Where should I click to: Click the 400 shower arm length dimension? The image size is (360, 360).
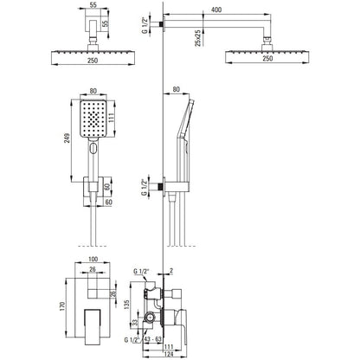[x=216, y=10]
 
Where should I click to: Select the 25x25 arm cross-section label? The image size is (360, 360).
[x=197, y=38]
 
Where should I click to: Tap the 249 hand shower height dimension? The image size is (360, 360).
[x=67, y=138]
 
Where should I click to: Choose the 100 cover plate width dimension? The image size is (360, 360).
[x=93, y=259]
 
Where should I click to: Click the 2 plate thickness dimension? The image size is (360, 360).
[x=171, y=271]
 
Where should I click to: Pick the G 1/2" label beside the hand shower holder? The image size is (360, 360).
[x=145, y=187]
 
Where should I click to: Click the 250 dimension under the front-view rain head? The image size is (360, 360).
[x=93, y=61]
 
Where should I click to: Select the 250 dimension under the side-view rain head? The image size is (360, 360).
[x=267, y=58]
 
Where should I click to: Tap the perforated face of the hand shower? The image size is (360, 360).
[x=93, y=119]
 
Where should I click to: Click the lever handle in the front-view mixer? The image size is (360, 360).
[x=93, y=327]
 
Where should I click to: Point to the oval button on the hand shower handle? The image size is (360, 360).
[x=93, y=149]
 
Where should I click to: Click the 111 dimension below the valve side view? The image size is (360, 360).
[x=168, y=346]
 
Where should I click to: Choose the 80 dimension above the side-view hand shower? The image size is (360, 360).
[x=176, y=89]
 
